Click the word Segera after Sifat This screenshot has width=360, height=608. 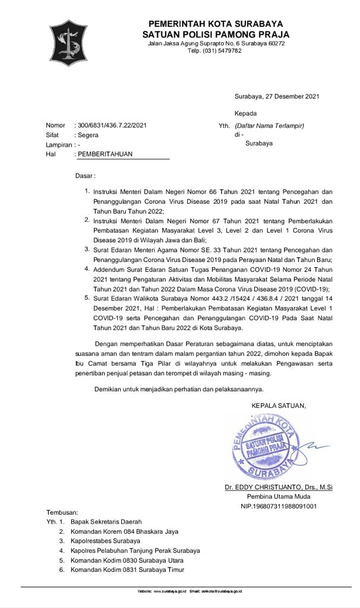[89, 135]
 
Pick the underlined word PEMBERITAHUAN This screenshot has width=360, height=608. [105, 154]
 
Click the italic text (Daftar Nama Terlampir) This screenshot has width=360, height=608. [269, 126]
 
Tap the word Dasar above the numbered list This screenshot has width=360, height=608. [84, 176]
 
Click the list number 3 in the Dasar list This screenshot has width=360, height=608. [87, 249]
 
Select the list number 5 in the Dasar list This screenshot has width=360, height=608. [87, 298]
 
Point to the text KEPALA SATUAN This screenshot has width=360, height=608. [279, 406]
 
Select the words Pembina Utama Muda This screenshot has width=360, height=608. [278, 497]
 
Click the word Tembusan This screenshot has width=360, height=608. [62, 512]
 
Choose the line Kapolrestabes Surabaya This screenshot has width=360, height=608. [105, 541]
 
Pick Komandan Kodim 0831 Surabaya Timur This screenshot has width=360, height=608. [127, 569]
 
